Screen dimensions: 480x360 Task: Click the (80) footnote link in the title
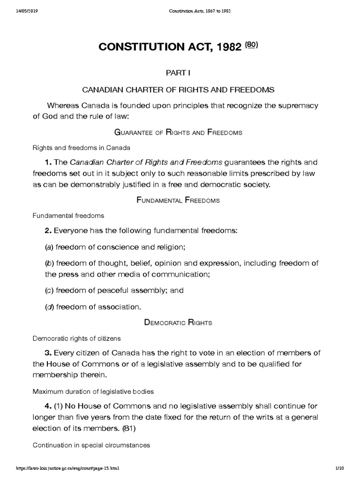click(251, 45)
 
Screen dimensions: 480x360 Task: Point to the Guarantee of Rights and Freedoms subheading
click(178, 133)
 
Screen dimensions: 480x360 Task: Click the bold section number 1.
click(48, 162)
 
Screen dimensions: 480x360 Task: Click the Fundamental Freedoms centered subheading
click(178, 200)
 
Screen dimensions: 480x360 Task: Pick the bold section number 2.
click(48, 230)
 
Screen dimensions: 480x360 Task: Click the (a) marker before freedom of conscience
click(48, 247)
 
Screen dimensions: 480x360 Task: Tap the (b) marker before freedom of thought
click(48, 263)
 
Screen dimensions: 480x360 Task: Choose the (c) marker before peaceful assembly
click(48, 290)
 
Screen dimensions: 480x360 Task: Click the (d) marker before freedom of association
click(48, 307)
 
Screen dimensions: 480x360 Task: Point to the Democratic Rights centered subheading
click(178, 322)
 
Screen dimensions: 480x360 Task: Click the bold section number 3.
click(48, 352)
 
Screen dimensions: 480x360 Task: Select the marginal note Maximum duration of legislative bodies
click(93, 391)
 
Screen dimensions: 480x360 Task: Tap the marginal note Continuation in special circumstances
click(91, 445)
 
